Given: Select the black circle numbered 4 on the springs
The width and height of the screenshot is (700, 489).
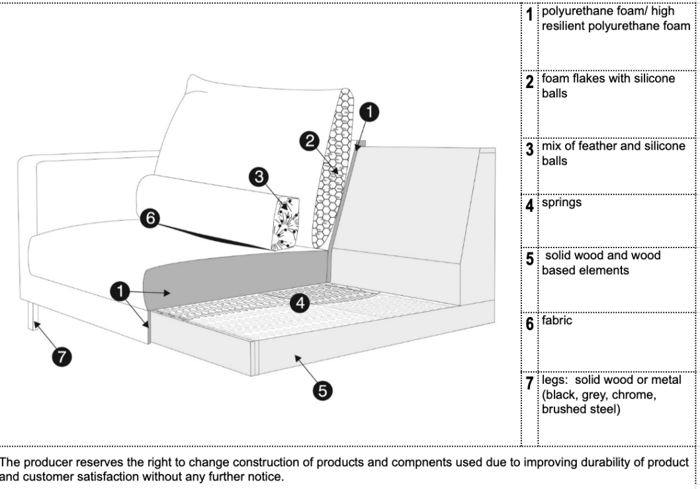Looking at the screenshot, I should (300, 302).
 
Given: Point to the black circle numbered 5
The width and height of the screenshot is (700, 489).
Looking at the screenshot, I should (322, 390).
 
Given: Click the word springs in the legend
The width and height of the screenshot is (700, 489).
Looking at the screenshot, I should (562, 202).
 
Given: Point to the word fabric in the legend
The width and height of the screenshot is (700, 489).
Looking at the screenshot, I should (557, 321).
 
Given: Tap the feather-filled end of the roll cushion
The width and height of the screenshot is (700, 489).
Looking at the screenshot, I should (286, 222).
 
